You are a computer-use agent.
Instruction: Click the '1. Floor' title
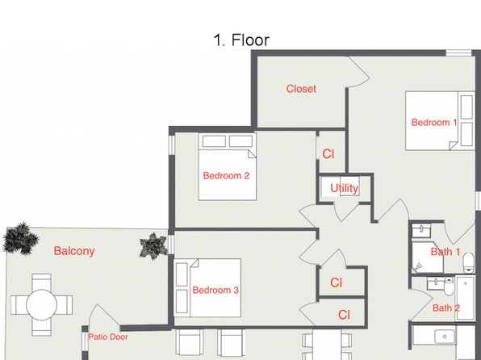[x=241, y=40]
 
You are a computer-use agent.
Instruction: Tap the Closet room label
[x=301, y=89]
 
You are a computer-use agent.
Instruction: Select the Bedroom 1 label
[x=434, y=123]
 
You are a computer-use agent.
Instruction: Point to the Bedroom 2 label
[x=226, y=175]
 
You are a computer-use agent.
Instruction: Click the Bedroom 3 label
[x=215, y=290]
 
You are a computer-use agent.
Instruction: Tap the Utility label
[x=344, y=188]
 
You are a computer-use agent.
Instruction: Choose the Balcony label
[x=74, y=251]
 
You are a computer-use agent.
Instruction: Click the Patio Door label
[x=107, y=337]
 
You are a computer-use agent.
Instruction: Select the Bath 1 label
[x=445, y=252]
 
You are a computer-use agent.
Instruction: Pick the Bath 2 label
[x=446, y=308]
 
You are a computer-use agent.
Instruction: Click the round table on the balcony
[x=41, y=305]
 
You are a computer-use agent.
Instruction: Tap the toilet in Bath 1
[x=468, y=263]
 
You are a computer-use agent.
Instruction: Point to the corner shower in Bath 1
[x=427, y=257]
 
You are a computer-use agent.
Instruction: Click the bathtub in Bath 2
[x=465, y=298]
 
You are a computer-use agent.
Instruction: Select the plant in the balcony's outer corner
[x=20, y=238]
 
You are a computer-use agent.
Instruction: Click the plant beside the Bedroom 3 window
[x=153, y=246]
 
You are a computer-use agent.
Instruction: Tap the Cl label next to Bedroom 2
[x=328, y=154]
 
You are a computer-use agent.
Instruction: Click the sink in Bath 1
[x=421, y=231]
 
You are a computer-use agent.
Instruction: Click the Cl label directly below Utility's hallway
[x=337, y=283]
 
